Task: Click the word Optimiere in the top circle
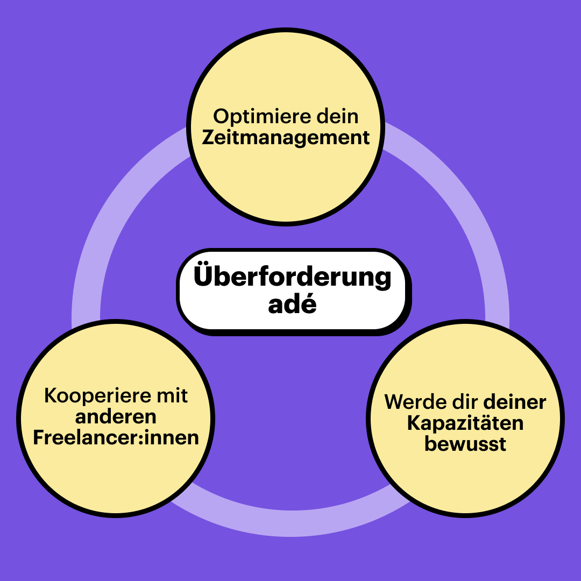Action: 249,117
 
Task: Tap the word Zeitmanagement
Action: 286,137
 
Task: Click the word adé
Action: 292,304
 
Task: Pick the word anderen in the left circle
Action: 116,417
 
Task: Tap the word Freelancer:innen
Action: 116,437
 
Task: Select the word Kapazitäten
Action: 465,423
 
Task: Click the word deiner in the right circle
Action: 515,402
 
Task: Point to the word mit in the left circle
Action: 172,396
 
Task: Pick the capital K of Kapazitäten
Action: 413,423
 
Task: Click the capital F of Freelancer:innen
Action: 39,437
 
